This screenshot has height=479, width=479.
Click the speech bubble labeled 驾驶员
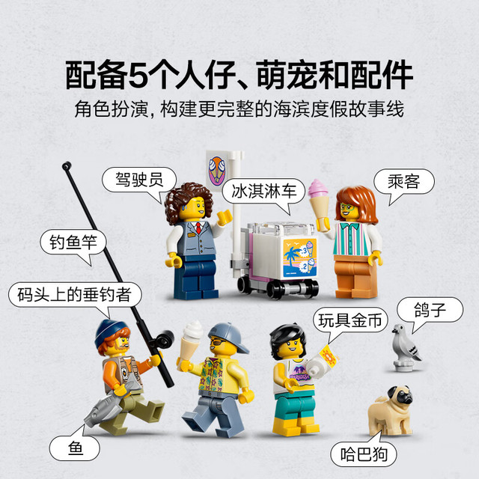point(139,180)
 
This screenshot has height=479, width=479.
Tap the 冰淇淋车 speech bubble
point(263,192)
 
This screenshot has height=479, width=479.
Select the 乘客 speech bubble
point(404,182)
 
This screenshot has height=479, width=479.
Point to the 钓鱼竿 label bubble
point(73,242)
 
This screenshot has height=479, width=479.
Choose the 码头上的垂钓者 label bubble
point(75,295)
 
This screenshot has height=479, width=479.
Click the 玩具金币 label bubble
point(350,320)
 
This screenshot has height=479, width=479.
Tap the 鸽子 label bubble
point(430,310)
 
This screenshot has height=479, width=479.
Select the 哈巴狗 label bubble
point(364,454)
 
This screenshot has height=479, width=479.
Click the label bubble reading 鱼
point(75,448)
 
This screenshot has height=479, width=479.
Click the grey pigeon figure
point(406,347)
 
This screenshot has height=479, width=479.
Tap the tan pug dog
point(391,410)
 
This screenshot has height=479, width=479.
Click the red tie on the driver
point(199,228)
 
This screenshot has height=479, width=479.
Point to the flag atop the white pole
point(216,170)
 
